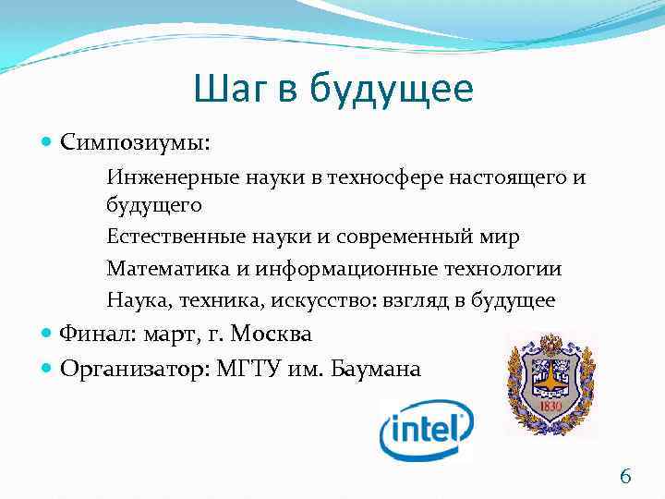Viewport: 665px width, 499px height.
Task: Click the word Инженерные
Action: (x=163, y=176)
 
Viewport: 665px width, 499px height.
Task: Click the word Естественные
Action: (x=163, y=237)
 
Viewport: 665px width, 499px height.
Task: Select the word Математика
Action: (x=157, y=269)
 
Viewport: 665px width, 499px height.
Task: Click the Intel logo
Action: (x=427, y=429)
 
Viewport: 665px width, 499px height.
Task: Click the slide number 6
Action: (x=625, y=477)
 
